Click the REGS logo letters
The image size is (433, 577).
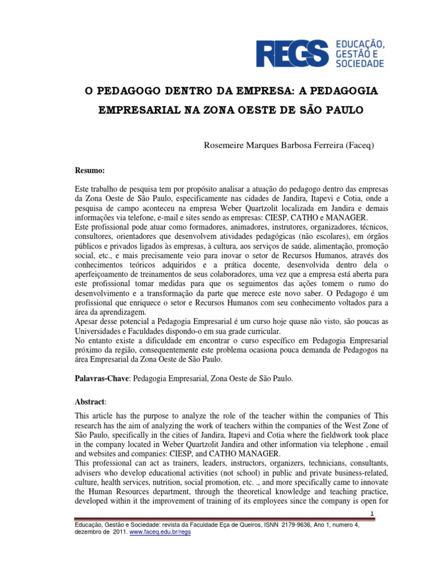(293, 53)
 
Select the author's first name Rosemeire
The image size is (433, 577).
(223, 145)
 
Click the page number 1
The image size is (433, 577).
(357, 513)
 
